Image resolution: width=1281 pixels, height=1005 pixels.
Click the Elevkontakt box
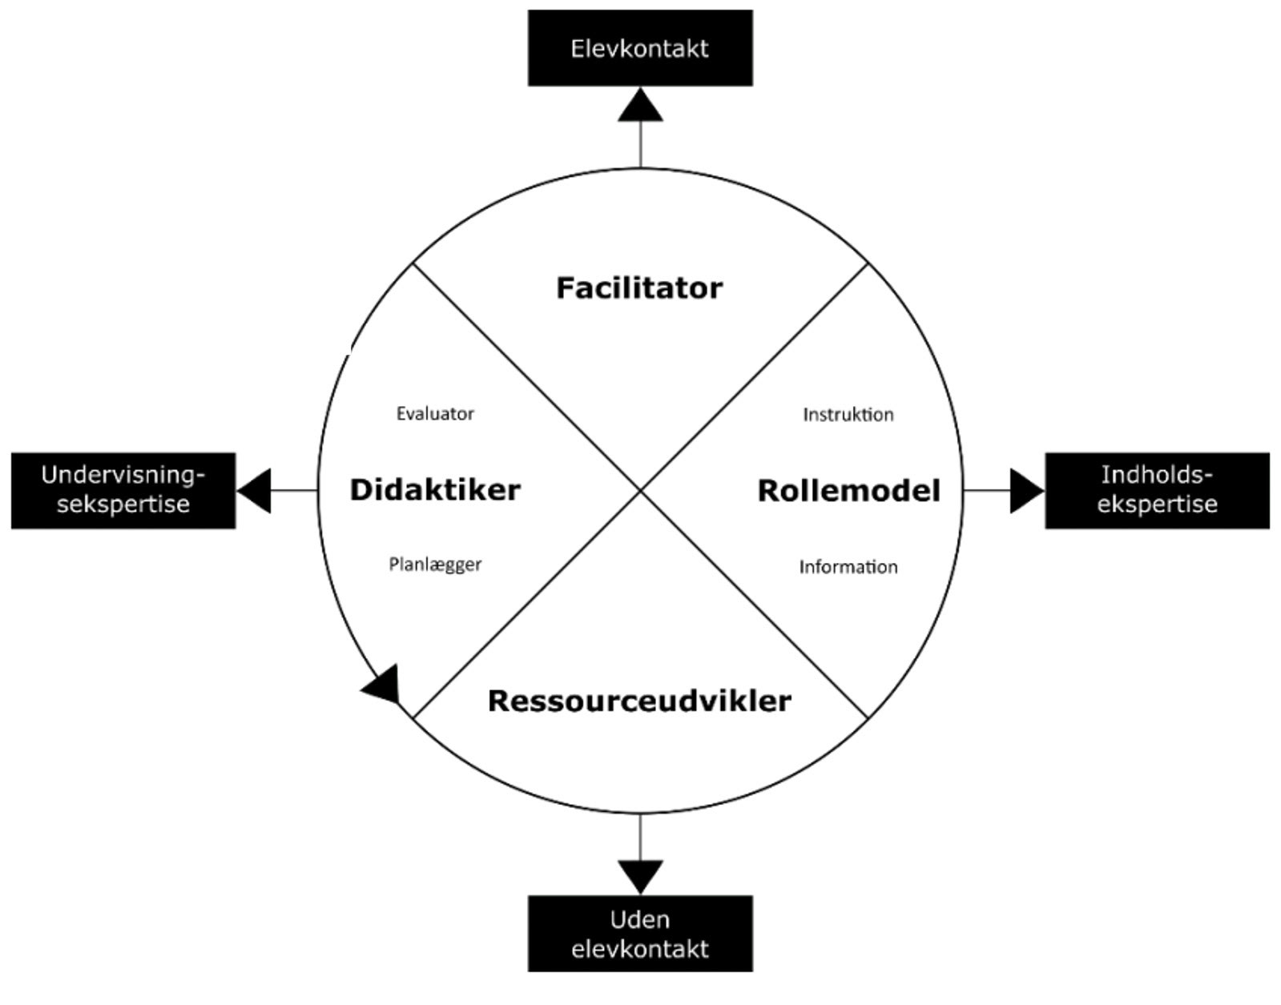[x=639, y=48]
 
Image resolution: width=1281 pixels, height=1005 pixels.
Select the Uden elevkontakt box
[x=639, y=934]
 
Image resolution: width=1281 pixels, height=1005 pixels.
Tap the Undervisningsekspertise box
[x=123, y=490]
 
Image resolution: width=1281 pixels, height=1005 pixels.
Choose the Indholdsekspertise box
[x=1156, y=490]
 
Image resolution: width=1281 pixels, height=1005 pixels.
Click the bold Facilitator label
[x=639, y=288]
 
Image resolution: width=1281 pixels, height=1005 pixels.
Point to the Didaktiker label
[x=435, y=490]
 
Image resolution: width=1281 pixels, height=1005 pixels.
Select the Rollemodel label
[x=848, y=491]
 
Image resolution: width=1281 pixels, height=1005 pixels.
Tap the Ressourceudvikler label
[x=639, y=701]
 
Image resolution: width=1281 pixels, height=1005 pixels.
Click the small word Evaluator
[x=435, y=414]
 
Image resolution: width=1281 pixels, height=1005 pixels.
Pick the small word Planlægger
[x=435, y=565]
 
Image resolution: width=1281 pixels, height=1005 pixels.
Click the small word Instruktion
[x=848, y=415]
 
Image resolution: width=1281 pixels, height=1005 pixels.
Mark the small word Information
[x=848, y=567]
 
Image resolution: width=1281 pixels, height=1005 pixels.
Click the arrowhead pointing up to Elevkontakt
[x=640, y=107]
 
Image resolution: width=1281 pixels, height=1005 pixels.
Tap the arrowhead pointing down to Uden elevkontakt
[x=640, y=875]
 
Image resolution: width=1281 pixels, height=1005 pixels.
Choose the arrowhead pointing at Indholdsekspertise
[x=1025, y=490]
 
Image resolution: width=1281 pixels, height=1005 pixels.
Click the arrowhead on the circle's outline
[x=383, y=685]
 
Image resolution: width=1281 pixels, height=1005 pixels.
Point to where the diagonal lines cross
[x=640, y=490]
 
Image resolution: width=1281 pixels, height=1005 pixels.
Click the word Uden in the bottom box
[x=639, y=919]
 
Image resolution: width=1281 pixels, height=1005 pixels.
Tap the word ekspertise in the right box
[x=1157, y=505]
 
